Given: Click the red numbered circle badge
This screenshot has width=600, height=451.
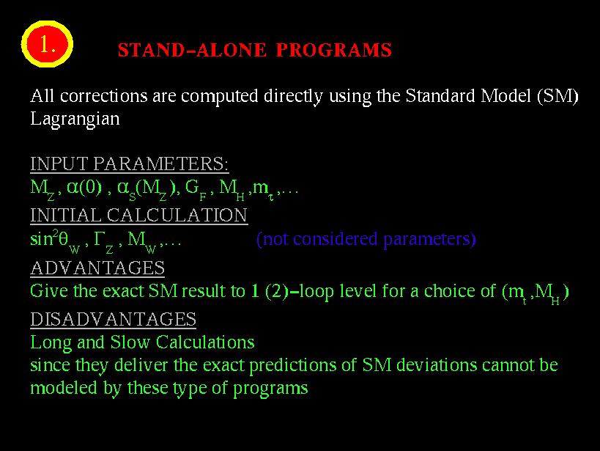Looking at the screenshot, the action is point(47,44).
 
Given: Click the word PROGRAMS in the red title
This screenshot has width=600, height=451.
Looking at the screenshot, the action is point(334,50).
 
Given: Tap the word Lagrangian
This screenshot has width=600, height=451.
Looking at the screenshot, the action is point(75,120).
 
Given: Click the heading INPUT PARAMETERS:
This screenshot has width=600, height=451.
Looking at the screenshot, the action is point(130,164).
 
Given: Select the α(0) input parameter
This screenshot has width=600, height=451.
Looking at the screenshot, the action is point(84,188).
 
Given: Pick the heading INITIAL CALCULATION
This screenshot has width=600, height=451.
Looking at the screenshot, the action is point(139,215).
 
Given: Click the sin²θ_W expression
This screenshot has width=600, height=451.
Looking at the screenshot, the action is point(55,241).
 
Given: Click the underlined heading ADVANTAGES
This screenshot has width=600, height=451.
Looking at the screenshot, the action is point(97,268).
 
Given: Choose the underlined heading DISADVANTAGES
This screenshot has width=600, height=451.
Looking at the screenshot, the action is point(114,319).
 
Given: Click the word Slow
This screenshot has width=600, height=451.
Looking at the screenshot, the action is point(130,342).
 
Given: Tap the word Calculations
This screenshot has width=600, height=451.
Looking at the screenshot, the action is point(205,342).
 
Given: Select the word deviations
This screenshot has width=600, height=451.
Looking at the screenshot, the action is point(437,364).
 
